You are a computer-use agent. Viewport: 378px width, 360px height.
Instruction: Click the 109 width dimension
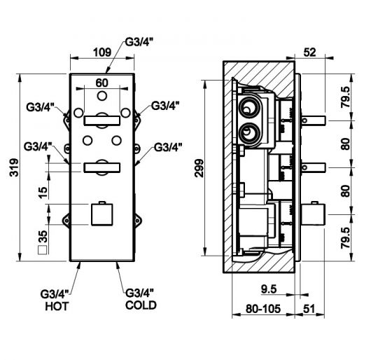[x=102, y=53]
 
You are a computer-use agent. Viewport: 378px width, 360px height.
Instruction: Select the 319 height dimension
[x=14, y=167]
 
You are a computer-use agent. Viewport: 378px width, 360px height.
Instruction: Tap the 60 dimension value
[x=101, y=83]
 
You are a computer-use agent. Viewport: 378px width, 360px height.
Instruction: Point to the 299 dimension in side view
[x=199, y=168]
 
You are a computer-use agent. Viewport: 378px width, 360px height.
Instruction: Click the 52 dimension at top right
[x=309, y=53]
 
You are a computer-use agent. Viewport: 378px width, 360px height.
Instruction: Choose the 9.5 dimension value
[x=269, y=289]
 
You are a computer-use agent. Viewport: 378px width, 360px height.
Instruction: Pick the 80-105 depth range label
[x=263, y=309]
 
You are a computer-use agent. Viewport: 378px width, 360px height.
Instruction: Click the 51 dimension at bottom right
[x=309, y=309]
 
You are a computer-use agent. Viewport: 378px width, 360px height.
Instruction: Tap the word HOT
[x=57, y=306]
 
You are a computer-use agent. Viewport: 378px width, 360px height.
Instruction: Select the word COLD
[x=141, y=305]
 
